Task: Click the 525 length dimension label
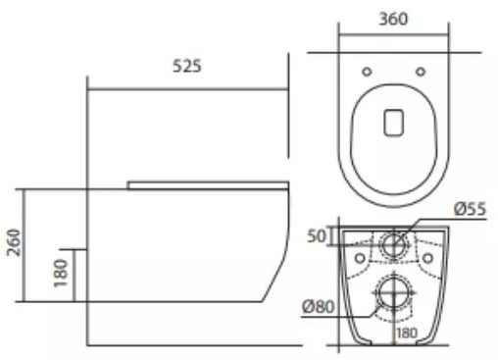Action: point(187,66)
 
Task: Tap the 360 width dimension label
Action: point(393,19)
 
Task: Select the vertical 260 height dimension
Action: point(14,242)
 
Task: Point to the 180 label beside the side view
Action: point(61,273)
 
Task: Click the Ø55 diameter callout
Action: point(471,209)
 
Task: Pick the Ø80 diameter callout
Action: point(319,307)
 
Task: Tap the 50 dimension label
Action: point(317,236)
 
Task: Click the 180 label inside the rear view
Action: point(407,334)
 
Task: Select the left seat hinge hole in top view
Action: point(367,72)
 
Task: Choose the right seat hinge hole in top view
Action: point(421,72)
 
